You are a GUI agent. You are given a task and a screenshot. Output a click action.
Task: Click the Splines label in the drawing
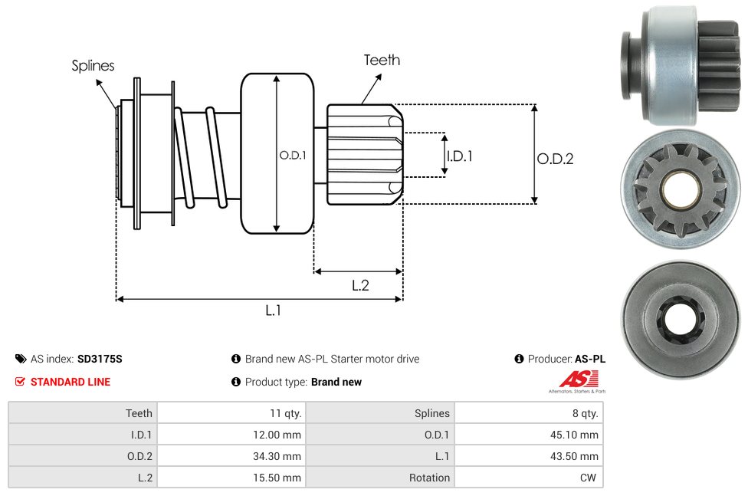click(x=93, y=66)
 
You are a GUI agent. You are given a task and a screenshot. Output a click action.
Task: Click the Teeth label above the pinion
click(x=382, y=60)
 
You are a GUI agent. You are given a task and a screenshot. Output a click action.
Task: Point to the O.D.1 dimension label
click(x=293, y=155)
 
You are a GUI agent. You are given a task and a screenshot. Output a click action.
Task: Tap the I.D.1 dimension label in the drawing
click(x=460, y=156)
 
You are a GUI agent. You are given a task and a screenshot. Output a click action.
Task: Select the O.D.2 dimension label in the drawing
click(x=555, y=159)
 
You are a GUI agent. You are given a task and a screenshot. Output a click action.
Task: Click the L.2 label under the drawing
click(x=360, y=285)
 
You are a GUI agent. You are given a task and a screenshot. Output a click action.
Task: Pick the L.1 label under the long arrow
click(x=274, y=310)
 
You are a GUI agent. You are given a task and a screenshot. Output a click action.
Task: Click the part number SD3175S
click(x=100, y=359)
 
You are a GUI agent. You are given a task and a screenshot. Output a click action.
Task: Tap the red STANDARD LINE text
click(x=71, y=382)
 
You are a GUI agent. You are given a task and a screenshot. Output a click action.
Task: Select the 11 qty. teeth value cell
click(x=285, y=413)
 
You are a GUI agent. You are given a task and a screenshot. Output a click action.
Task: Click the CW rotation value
click(x=589, y=478)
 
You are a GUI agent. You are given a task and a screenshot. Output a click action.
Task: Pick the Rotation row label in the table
click(x=429, y=478)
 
